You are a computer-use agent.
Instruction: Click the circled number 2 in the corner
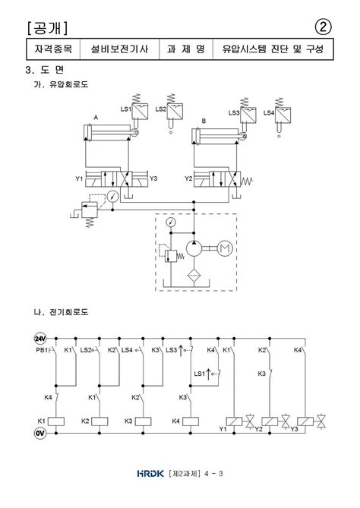pos(323,27)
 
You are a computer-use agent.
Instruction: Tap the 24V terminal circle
pos(40,339)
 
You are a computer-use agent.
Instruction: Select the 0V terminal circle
pos(40,433)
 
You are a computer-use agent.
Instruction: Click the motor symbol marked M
pos(225,248)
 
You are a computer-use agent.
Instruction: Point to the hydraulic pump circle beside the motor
pos(194,248)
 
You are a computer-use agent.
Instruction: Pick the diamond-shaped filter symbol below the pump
pos(194,276)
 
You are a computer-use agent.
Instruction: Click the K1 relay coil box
pos(55,421)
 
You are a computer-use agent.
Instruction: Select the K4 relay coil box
pos(191,421)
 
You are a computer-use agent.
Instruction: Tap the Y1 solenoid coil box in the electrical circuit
pos(234,421)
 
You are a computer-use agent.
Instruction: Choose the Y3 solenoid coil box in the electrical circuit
pos(305,421)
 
